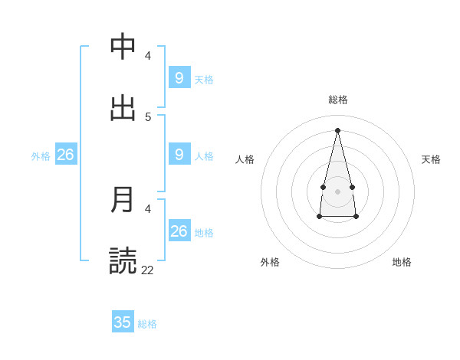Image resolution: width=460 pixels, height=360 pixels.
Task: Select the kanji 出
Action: click(123, 107)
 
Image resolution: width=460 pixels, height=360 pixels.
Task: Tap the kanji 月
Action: click(123, 199)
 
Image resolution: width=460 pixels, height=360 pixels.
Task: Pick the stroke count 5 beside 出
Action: click(148, 116)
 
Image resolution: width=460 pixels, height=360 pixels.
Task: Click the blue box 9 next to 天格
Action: click(179, 77)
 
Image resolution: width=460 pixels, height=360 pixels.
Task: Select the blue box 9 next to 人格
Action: click(179, 155)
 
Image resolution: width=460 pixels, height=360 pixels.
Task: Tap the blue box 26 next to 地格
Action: click(179, 231)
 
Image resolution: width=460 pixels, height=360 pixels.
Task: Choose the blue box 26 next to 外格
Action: click(65, 155)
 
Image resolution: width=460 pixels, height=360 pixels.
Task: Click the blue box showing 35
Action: click(123, 322)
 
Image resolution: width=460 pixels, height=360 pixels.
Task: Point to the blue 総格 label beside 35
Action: click(147, 324)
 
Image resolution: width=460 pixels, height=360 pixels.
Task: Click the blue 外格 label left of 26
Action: click(41, 156)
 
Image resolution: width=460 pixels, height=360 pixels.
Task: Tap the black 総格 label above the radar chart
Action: click(337, 100)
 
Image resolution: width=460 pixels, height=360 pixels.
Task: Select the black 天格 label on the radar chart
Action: click(431, 159)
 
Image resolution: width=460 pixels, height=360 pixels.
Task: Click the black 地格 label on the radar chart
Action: click(402, 262)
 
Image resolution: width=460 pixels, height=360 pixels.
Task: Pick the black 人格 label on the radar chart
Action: click(245, 159)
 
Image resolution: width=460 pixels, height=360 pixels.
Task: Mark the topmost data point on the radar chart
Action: click(337, 129)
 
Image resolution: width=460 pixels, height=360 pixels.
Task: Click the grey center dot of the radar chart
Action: click(337, 191)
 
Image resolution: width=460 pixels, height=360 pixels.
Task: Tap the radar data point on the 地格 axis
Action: click(356, 218)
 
